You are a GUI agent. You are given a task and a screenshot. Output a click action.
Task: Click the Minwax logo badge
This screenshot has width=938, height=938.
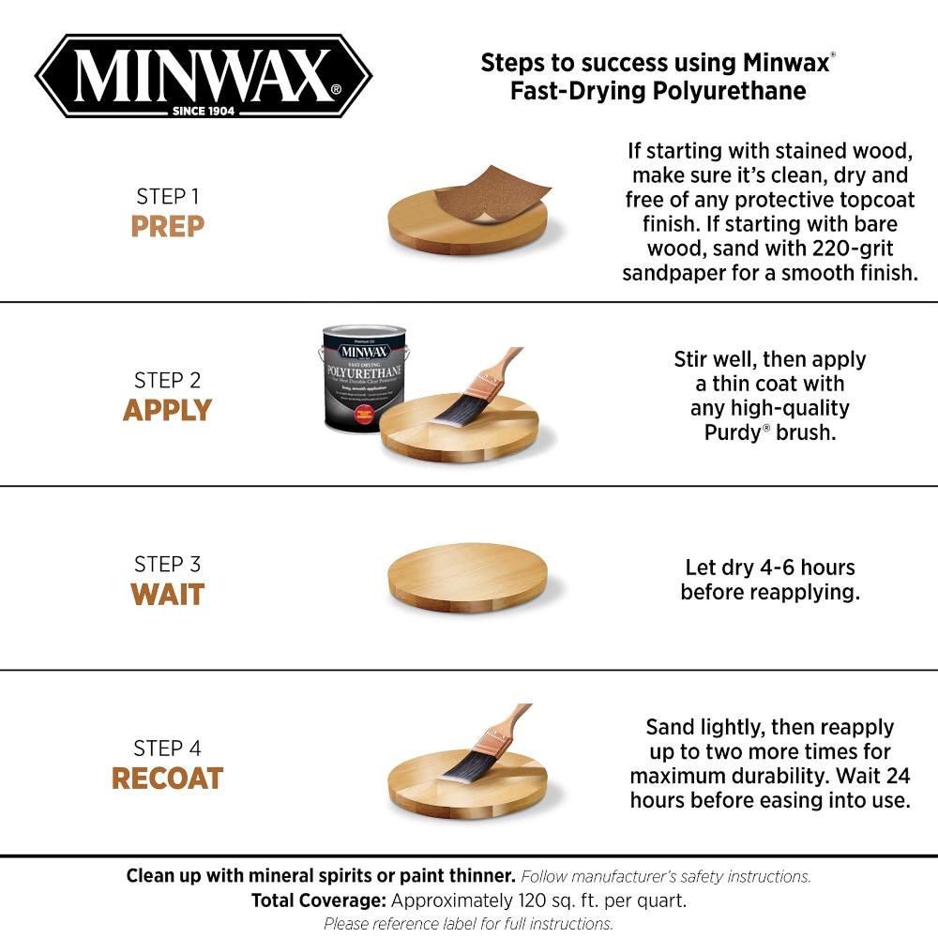[x=204, y=75]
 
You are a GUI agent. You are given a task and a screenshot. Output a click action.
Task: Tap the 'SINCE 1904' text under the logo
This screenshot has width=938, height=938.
[x=204, y=111]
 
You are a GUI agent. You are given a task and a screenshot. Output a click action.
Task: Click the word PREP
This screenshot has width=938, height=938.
[x=167, y=227]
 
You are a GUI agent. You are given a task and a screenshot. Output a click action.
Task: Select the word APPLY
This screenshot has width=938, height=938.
[x=167, y=411]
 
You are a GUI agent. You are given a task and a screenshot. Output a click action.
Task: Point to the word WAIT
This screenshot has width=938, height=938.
[x=167, y=595]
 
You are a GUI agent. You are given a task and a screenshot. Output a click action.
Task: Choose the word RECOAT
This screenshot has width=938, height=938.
[x=167, y=779]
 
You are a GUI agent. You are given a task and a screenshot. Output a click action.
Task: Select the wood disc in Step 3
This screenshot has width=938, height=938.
[x=467, y=576]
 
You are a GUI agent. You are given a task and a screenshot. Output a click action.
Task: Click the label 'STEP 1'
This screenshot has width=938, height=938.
[x=167, y=197]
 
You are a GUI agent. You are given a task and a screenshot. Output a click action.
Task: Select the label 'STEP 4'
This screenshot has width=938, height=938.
[x=167, y=749]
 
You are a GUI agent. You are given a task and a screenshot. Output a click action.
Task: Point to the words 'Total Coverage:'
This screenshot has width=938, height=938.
[x=318, y=900]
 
